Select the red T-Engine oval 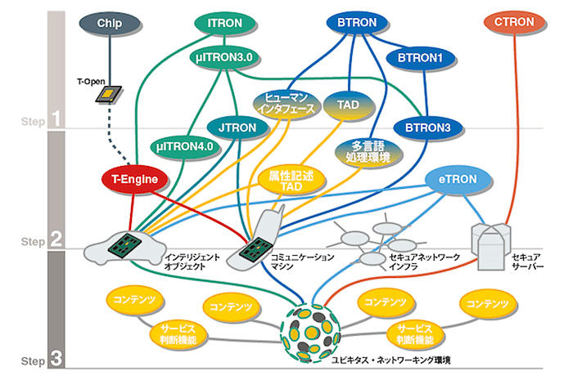pyautogui.click(x=134, y=178)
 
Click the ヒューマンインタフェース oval pyautogui.click(x=283, y=104)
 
